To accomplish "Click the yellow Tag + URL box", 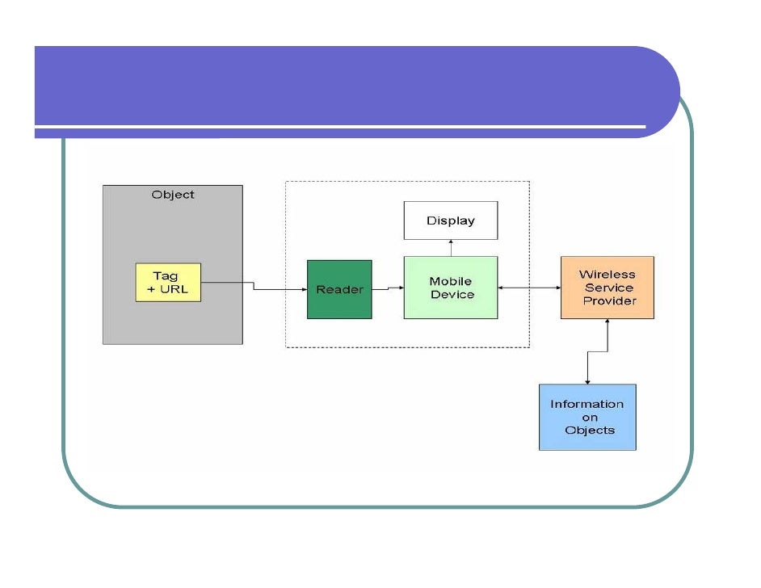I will (x=168, y=283).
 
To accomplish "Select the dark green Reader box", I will (x=339, y=289).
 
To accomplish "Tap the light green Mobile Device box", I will (x=451, y=288).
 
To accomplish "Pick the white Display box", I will (x=451, y=220).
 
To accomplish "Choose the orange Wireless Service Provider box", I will (x=608, y=288).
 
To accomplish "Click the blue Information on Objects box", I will (x=587, y=417).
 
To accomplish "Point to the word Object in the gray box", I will (x=173, y=195).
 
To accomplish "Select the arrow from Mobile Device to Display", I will (x=451, y=248).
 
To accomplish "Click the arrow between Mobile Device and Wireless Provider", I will (x=529, y=288).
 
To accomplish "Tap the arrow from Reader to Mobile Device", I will (x=388, y=288).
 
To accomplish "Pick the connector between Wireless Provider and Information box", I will (x=597, y=352).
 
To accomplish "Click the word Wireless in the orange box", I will (x=607, y=275).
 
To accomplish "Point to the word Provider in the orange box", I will (x=610, y=300).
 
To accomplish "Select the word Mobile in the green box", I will (x=451, y=281).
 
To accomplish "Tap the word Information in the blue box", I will (x=587, y=404).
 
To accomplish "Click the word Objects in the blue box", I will (x=590, y=430).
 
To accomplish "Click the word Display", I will (x=451, y=220).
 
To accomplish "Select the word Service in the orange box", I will (x=608, y=288).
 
